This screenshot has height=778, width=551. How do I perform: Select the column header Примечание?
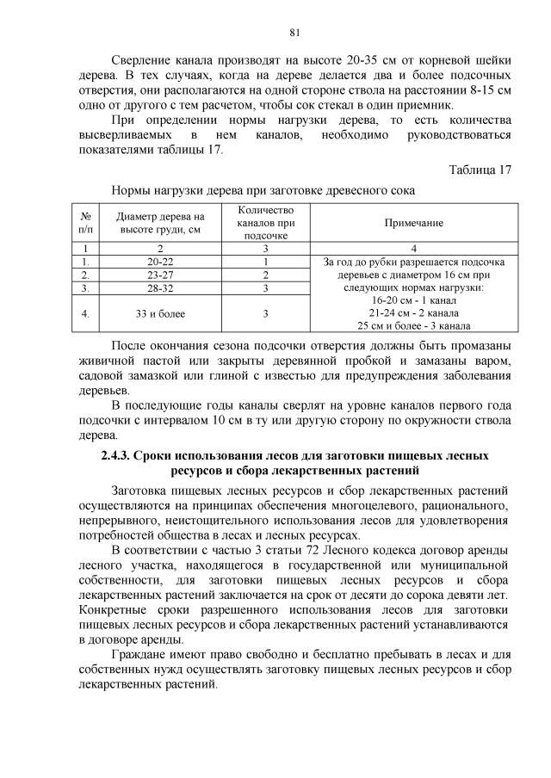coord(419,223)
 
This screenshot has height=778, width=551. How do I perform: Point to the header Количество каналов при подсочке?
coord(265,223)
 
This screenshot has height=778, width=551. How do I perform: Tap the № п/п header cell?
coord(85,223)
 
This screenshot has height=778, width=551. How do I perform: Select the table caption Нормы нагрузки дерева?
coord(263,188)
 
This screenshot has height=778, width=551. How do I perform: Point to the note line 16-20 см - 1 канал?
coord(419,300)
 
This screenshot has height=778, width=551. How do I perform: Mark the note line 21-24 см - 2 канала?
coord(419,313)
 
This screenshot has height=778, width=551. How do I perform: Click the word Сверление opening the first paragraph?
coord(143,61)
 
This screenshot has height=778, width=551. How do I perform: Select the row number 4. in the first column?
coord(85,313)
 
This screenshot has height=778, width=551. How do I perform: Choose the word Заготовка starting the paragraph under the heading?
coord(144,490)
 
